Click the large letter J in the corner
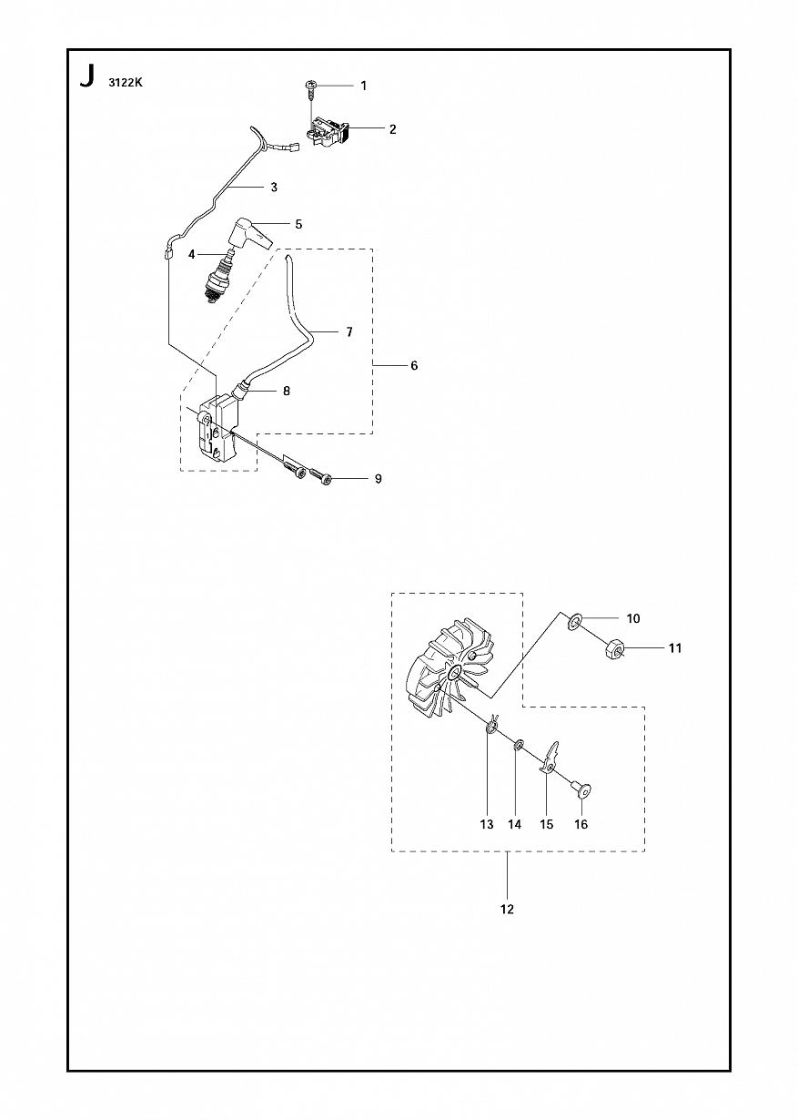pos(86,77)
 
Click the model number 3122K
pos(126,83)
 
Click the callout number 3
pos(274,187)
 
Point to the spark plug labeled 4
pos(217,278)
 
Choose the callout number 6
pos(414,365)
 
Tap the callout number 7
pos(349,331)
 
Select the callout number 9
pos(379,478)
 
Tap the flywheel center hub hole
pos(455,674)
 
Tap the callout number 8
pos(287,391)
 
